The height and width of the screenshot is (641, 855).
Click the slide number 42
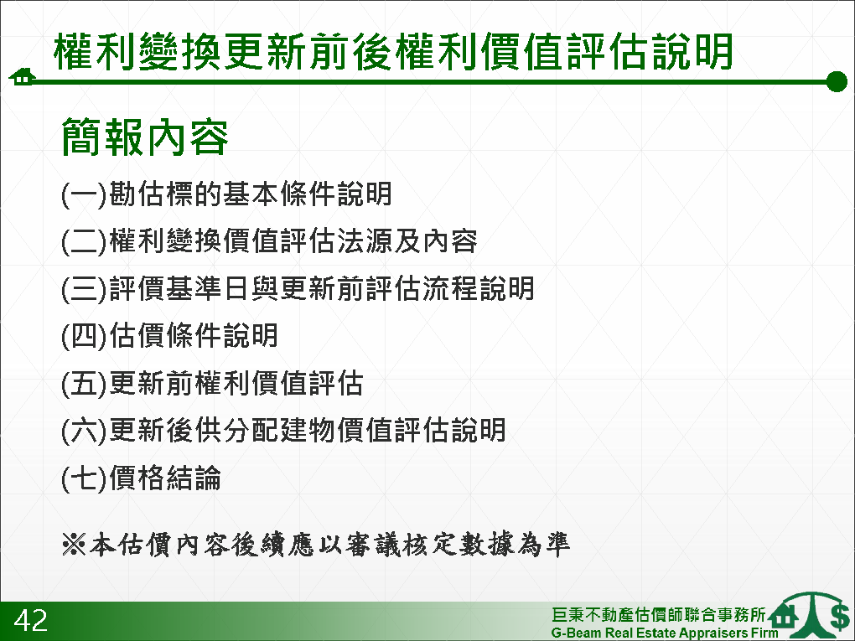pos(31,621)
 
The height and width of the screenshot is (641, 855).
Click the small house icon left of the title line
pos(22,77)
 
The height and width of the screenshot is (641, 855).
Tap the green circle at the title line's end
pos(837,82)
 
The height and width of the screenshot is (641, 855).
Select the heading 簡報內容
pos(144,137)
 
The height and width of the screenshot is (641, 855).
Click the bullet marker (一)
pos(84,194)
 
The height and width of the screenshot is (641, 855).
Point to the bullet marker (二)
pos(84,242)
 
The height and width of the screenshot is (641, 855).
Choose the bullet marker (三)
pos(84,289)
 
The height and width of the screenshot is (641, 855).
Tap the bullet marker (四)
pos(84,336)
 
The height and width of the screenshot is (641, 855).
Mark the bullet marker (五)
pos(84,383)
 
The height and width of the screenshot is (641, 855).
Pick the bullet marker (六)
pos(84,431)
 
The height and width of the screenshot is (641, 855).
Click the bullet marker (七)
pos(84,478)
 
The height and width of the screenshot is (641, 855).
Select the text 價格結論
pos(165,478)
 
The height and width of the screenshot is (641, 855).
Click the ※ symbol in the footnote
pos(74,544)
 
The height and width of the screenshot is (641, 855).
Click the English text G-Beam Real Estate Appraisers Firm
pos(665,633)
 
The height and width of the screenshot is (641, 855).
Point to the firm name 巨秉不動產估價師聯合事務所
pos(659,614)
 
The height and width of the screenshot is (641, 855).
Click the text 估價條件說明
pos(194,336)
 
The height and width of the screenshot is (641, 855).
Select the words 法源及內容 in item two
pos(407,241)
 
